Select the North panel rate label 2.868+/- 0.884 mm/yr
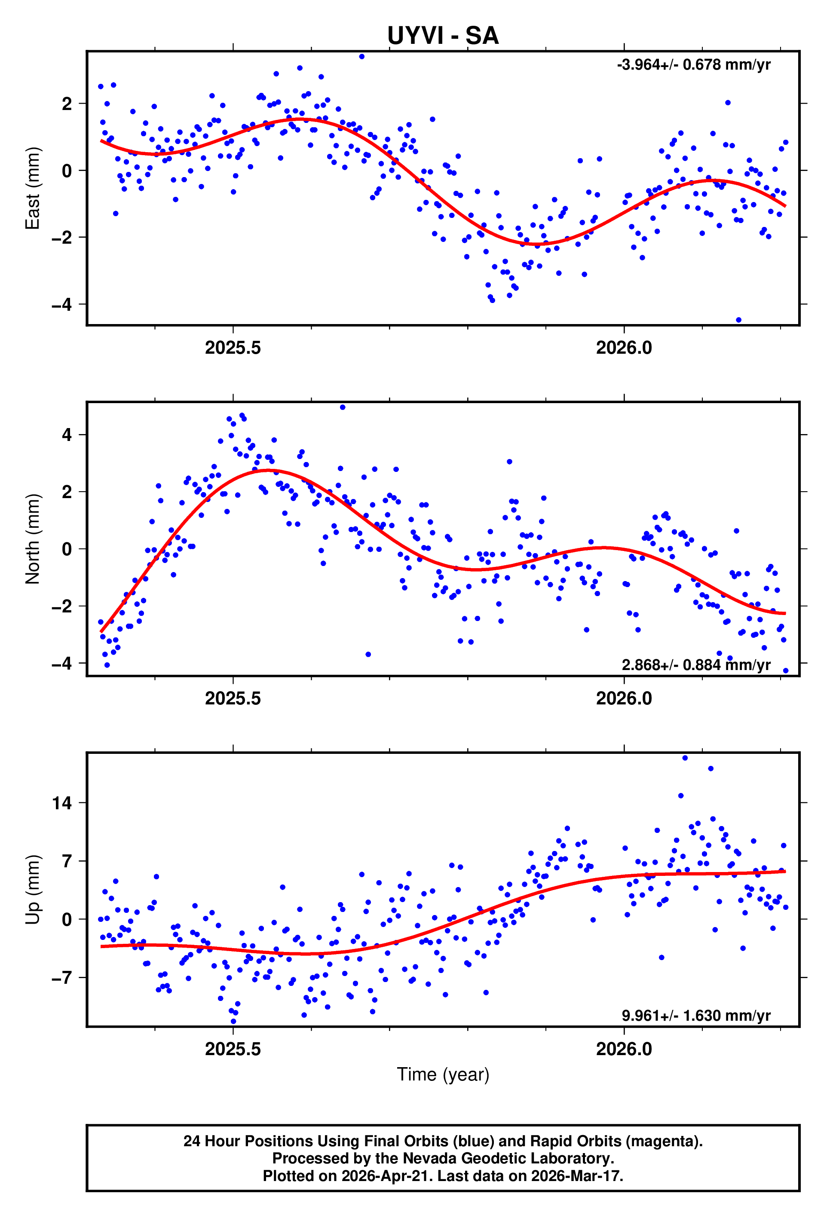tap(695, 665)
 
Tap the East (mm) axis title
tap(33, 188)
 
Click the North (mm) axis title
tap(33, 539)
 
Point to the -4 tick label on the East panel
tap(61, 304)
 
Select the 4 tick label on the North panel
tap(67, 435)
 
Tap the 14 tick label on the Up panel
tap(61, 802)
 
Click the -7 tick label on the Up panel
tap(61, 977)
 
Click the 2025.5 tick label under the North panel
tap(233, 699)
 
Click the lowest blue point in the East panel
tap(738, 320)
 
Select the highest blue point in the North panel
tap(342, 407)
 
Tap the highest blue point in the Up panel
tap(685, 758)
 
